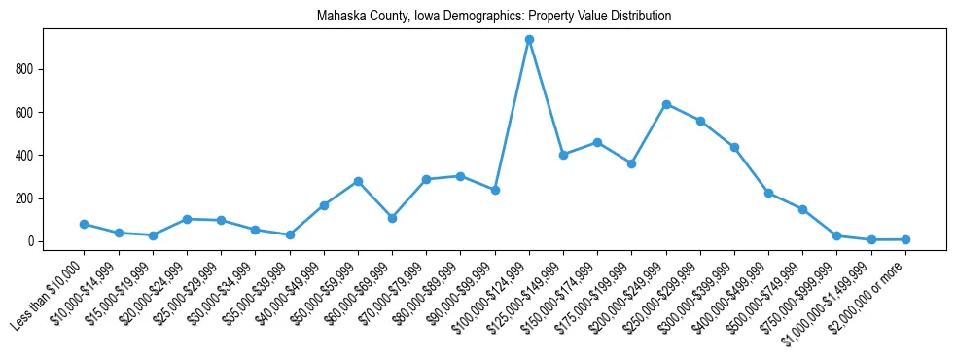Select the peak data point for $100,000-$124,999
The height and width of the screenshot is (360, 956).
click(529, 40)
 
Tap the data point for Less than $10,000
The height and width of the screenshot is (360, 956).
click(85, 224)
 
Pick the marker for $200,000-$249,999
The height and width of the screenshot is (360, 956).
click(666, 104)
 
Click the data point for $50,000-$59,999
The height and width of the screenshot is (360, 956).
click(358, 181)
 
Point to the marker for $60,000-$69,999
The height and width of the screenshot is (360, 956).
click(392, 218)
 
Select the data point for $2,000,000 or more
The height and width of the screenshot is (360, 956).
click(905, 239)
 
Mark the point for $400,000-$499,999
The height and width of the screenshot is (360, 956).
click(768, 193)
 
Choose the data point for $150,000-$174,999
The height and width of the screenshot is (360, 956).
click(597, 142)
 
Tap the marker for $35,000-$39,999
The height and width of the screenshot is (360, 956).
click(290, 234)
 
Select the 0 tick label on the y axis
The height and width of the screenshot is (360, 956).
click(33, 241)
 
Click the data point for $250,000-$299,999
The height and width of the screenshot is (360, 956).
click(700, 121)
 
